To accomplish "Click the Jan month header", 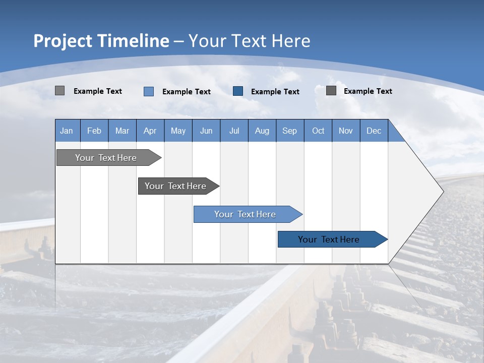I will tap(67, 131).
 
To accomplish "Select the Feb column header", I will tap(94, 131).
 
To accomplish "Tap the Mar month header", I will tap(122, 131).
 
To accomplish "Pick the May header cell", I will tap(178, 131).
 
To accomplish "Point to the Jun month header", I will tap(206, 131).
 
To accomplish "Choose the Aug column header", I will tap(262, 131).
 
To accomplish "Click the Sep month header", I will tap(290, 131).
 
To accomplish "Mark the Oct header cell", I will tap(318, 131).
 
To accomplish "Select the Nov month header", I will tap(346, 131).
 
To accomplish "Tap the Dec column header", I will tap(374, 131).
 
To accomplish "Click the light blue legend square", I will tap(149, 91).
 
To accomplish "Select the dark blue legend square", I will tap(238, 91).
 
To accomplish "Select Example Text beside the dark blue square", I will tap(275, 92).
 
